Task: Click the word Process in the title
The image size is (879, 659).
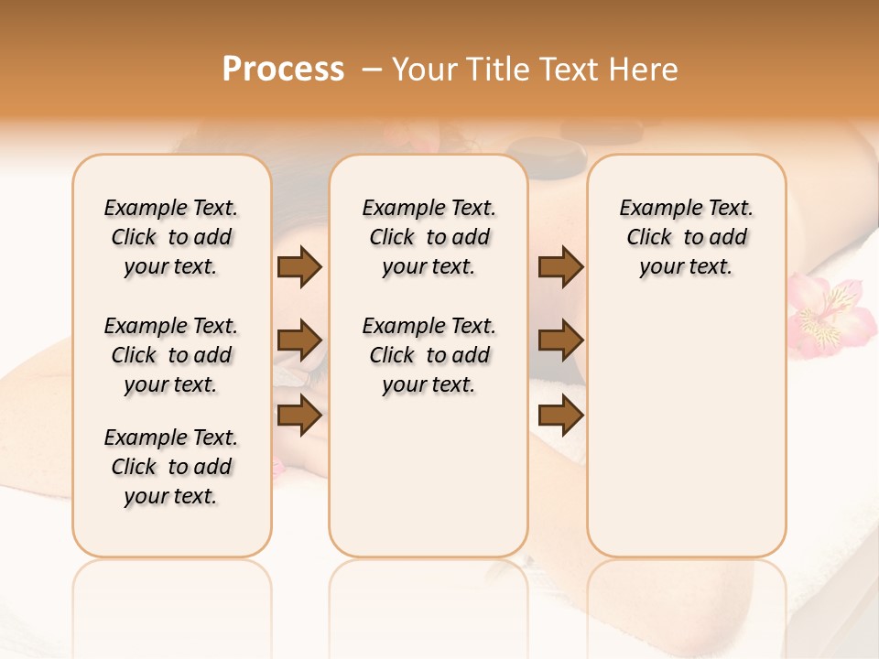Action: pyautogui.click(x=283, y=70)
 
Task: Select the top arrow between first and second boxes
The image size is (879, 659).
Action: pyautogui.click(x=299, y=266)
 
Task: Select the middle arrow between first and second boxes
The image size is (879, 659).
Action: pyautogui.click(x=299, y=340)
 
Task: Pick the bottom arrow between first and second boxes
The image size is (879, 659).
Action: pyautogui.click(x=299, y=416)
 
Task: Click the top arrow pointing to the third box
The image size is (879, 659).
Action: pyautogui.click(x=560, y=266)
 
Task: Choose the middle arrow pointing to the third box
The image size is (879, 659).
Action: pyautogui.click(x=560, y=340)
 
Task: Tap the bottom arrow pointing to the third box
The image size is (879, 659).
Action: pyautogui.click(x=560, y=416)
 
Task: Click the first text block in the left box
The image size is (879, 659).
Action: pyautogui.click(x=170, y=237)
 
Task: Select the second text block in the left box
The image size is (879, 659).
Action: pyautogui.click(x=170, y=355)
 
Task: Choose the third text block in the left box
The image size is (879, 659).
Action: pyautogui.click(x=170, y=467)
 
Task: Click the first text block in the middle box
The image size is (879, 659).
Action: pyautogui.click(x=429, y=237)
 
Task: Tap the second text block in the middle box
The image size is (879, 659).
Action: pyautogui.click(x=429, y=355)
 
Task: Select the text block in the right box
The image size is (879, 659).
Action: pyautogui.click(x=686, y=237)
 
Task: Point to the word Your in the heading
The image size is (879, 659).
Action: pyautogui.click(x=425, y=70)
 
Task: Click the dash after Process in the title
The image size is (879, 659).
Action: pyautogui.click(x=372, y=70)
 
